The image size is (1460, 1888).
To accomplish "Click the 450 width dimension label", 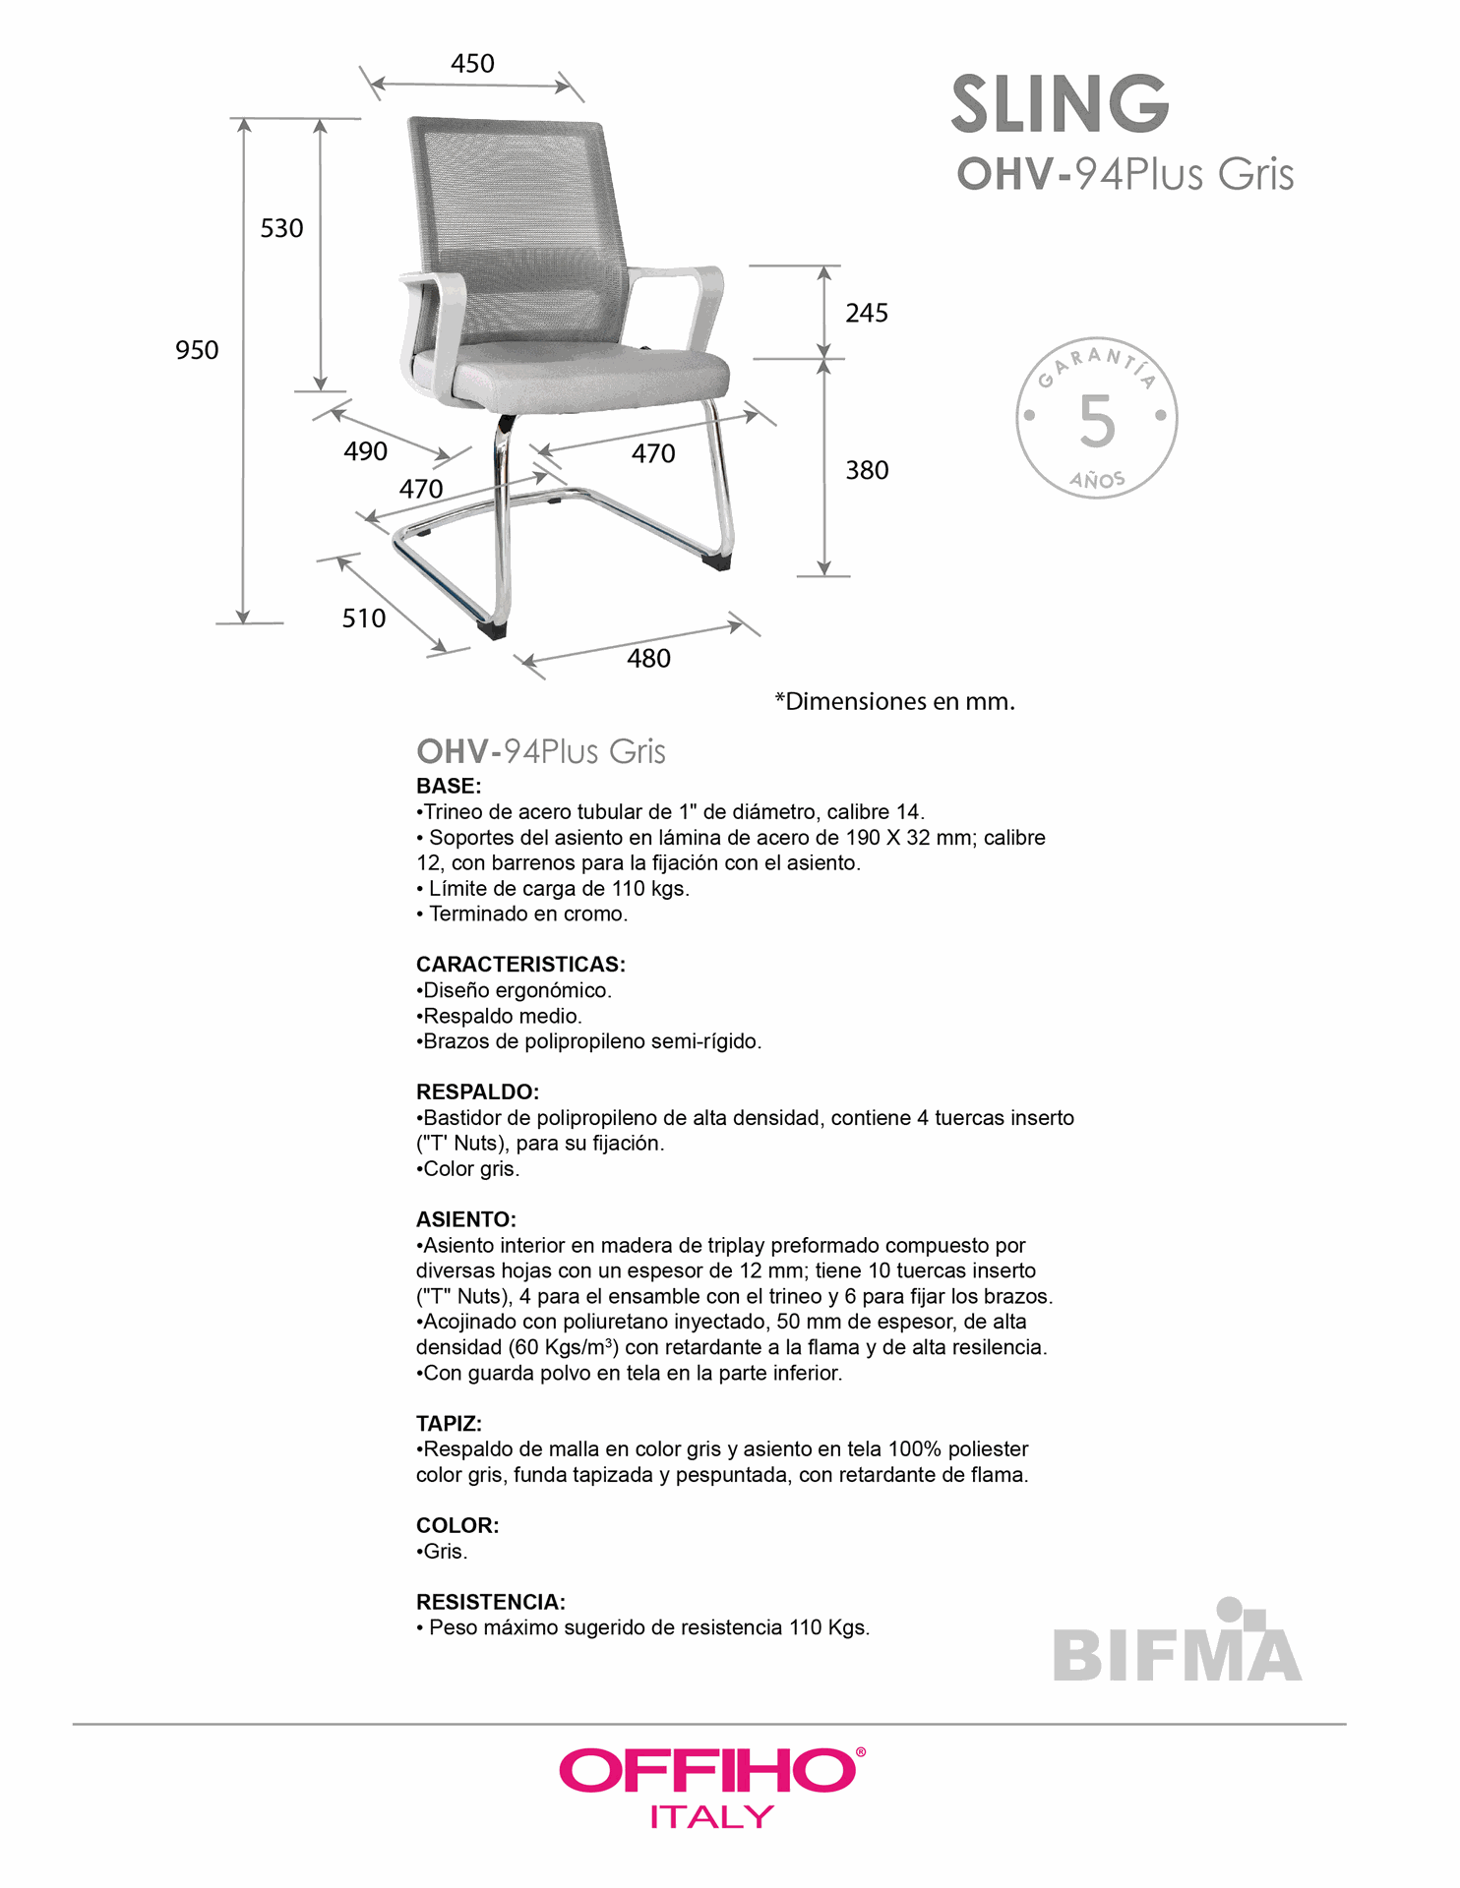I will (472, 64).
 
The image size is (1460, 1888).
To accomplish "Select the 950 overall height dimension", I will (197, 350).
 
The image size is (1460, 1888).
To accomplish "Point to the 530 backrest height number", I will (281, 228).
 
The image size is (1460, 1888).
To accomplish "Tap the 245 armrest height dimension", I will (866, 313).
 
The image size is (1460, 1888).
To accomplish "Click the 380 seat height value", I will (866, 470).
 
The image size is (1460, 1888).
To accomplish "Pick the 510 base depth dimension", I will (363, 619).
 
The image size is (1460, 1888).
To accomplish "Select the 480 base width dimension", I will (648, 659).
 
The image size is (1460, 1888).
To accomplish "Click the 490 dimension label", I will (365, 451).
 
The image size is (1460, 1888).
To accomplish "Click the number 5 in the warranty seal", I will (1096, 421).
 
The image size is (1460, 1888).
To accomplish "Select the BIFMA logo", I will (1177, 1644).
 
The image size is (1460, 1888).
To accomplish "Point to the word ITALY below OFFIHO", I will (711, 1816).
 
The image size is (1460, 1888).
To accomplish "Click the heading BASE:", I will (449, 787).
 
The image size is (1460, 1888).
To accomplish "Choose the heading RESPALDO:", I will (477, 1091).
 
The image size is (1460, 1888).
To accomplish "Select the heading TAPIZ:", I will (449, 1423).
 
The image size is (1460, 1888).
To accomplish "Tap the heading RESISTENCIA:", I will (490, 1602).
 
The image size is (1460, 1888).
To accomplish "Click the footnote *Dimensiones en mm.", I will (894, 702).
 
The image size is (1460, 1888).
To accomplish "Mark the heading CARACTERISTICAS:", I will (520, 965).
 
